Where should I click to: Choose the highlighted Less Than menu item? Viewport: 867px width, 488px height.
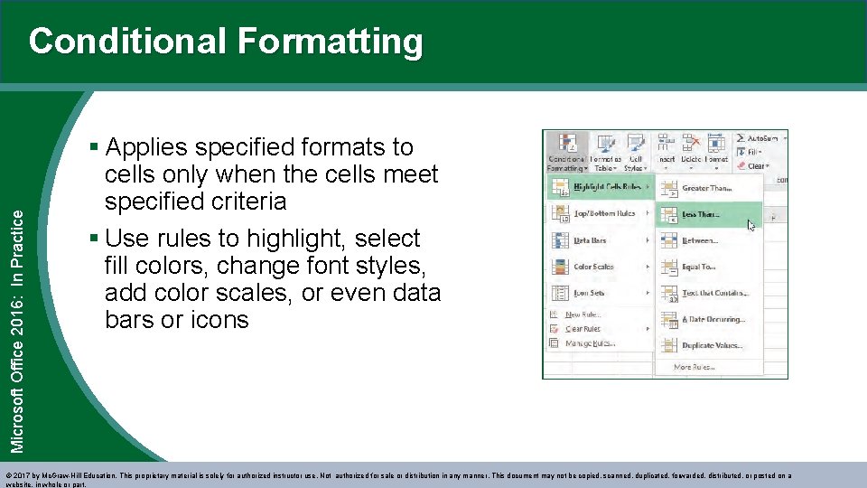coord(701,214)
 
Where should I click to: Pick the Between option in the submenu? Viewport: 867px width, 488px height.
coord(700,240)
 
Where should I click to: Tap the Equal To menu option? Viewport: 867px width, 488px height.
coord(698,267)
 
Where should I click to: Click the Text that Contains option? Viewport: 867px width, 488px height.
coord(714,293)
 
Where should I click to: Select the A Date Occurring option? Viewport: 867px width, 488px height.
coord(713,319)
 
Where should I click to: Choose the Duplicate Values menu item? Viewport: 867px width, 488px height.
coord(711,345)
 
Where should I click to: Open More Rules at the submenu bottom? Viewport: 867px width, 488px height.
coord(695,367)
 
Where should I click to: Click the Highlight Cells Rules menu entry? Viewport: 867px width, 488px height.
coord(607,187)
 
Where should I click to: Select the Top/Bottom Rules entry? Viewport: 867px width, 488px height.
coord(604,213)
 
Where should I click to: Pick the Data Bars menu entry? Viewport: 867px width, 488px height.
coord(590,240)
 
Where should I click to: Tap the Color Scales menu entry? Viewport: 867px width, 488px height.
coord(593,267)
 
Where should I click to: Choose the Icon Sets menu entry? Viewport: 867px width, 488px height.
coord(589,293)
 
